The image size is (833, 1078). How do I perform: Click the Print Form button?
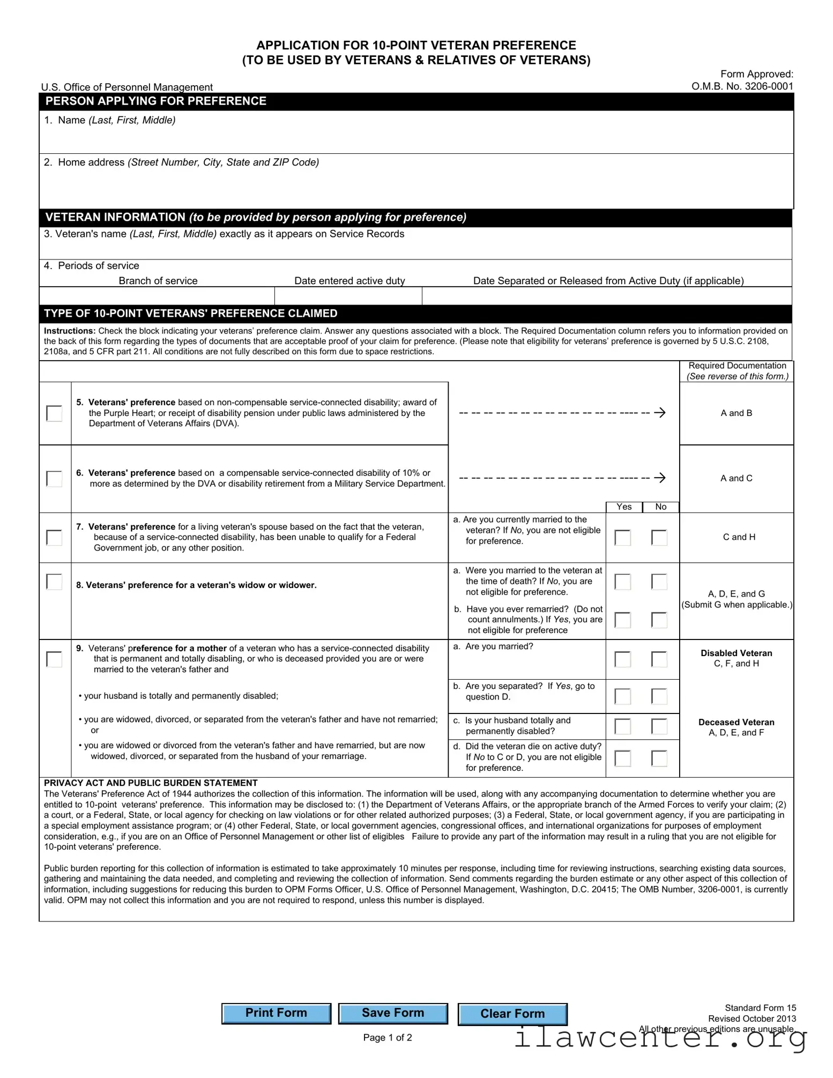click(276, 1013)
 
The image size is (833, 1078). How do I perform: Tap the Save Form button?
click(393, 1013)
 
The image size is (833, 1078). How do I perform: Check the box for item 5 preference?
click(54, 413)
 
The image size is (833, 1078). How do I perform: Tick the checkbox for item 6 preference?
click(54, 478)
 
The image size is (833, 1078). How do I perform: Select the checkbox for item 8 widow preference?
click(54, 582)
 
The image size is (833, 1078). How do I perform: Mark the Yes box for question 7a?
click(622, 537)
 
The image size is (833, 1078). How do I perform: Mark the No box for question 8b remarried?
click(659, 620)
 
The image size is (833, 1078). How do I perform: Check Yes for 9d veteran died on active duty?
click(622, 758)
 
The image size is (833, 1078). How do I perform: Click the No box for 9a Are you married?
click(659, 659)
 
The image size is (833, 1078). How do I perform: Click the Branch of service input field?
click(157, 296)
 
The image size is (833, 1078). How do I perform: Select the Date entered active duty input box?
click(348, 296)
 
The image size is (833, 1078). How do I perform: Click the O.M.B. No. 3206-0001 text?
click(742, 86)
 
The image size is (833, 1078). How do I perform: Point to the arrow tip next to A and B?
click(664, 413)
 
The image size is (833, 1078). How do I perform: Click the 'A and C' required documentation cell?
click(736, 478)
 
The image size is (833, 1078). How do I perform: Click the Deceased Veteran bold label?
click(736, 722)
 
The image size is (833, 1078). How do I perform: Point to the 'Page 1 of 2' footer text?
click(387, 1037)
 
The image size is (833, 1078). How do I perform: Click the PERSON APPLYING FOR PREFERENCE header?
click(156, 101)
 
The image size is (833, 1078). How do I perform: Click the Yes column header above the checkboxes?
click(624, 507)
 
